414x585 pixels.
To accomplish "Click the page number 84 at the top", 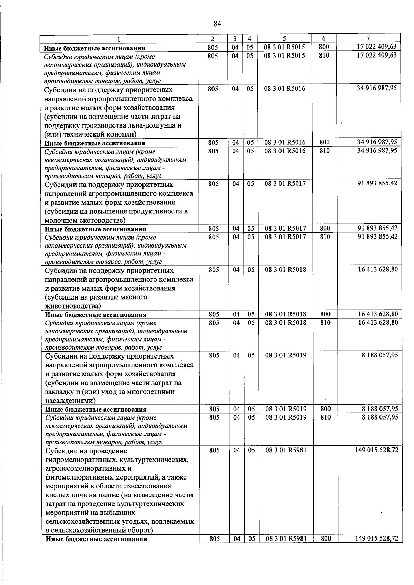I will [217, 23].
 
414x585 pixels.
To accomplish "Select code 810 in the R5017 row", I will [325, 237].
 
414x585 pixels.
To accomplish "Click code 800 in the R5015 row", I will [324, 47].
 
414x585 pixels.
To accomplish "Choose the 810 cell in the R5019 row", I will [325, 417].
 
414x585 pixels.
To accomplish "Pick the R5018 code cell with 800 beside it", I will [286, 314].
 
